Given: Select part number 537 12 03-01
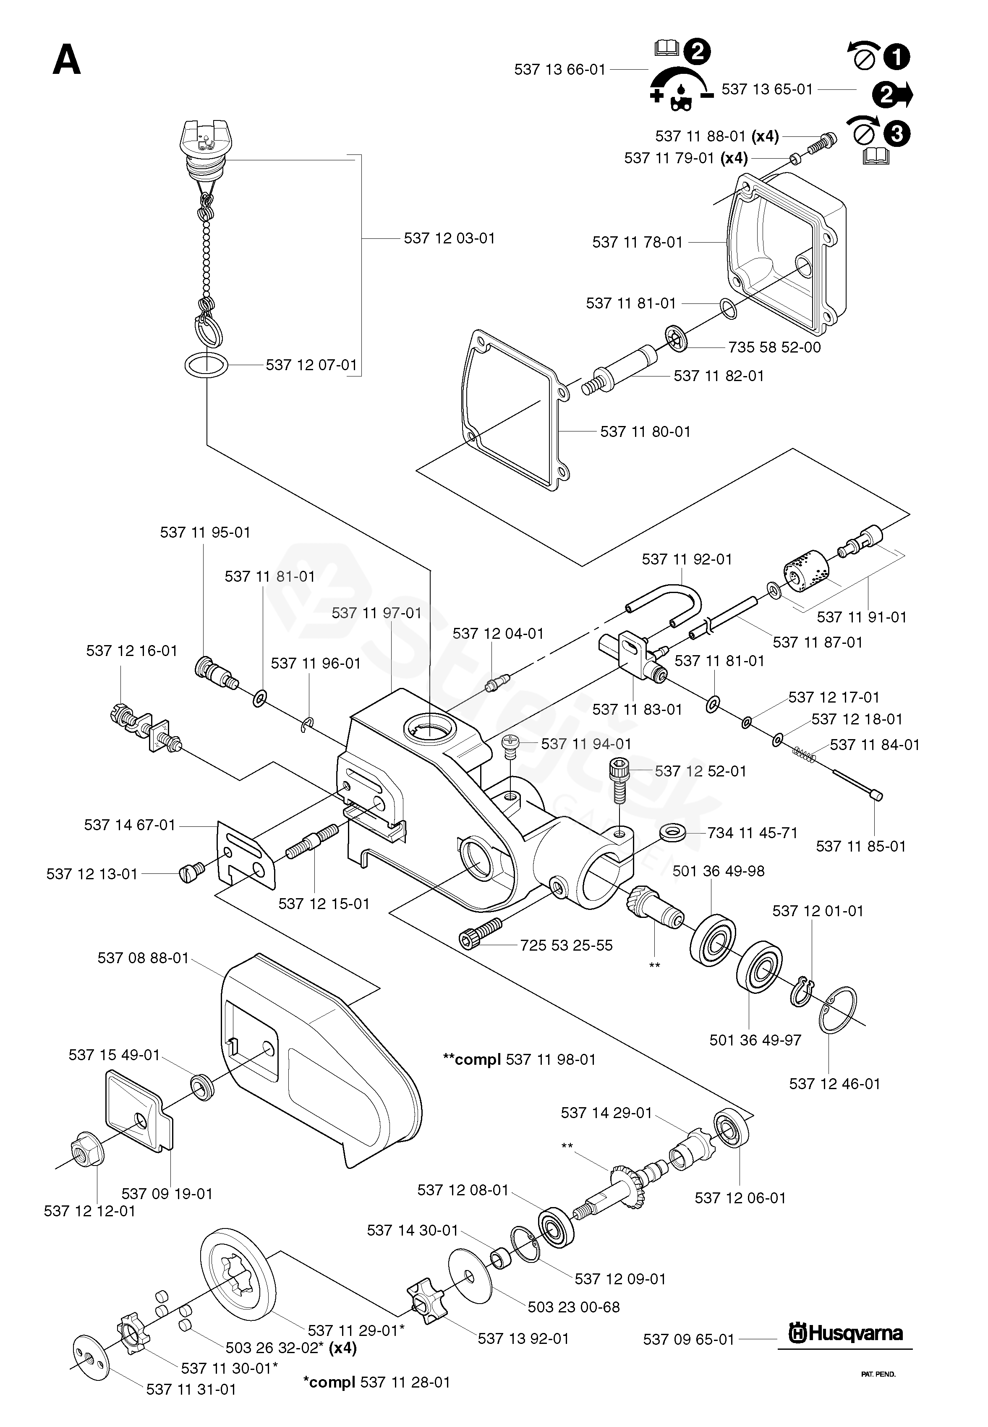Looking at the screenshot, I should [450, 238].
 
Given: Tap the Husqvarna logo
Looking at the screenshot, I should [845, 1333].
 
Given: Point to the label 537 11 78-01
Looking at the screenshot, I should [637, 242].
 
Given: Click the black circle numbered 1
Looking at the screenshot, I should [897, 57].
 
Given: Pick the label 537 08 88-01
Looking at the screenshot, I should [143, 958].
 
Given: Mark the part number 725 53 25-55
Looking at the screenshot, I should [566, 945].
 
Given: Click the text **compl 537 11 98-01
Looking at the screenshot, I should [519, 1059].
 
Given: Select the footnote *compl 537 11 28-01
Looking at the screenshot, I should [376, 1382].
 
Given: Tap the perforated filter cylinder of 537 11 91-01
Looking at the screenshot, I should [805, 572].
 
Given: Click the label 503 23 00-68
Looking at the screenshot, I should [573, 1307].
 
